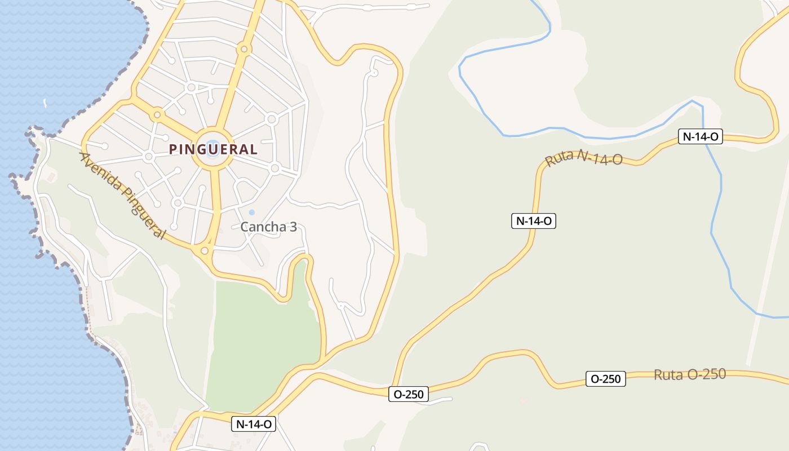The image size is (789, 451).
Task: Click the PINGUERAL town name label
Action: point(214,149)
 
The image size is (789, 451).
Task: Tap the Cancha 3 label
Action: point(268,227)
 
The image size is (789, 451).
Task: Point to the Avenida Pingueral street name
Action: point(123,194)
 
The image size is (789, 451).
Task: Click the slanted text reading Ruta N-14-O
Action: point(584,158)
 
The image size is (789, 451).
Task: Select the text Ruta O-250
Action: point(690,374)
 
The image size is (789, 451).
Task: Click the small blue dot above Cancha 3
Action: point(251,213)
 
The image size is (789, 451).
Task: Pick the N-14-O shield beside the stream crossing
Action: point(700,136)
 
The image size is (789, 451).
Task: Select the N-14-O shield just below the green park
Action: point(254,424)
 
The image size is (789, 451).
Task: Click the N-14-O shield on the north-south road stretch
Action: point(533,221)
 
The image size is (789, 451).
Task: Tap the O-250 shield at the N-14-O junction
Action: point(409,394)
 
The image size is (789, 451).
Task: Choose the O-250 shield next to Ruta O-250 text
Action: point(606,379)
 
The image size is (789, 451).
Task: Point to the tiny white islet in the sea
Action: point(45,103)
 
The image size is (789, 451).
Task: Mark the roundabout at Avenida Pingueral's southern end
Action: point(205,250)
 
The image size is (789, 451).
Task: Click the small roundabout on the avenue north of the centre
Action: point(244,49)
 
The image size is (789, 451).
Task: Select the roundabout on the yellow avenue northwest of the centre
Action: point(157,115)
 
